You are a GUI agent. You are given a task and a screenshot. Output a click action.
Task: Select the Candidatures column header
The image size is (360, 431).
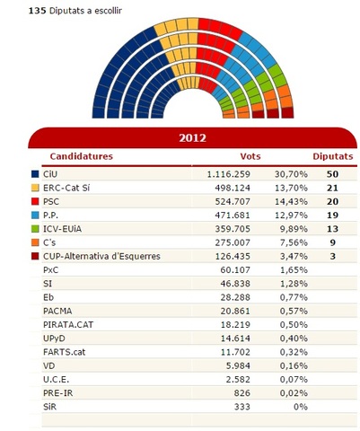click(x=81, y=156)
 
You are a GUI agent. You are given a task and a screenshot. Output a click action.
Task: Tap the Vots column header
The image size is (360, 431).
click(x=251, y=156)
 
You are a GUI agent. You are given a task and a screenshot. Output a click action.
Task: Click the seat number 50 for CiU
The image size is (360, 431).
click(x=332, y=172)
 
